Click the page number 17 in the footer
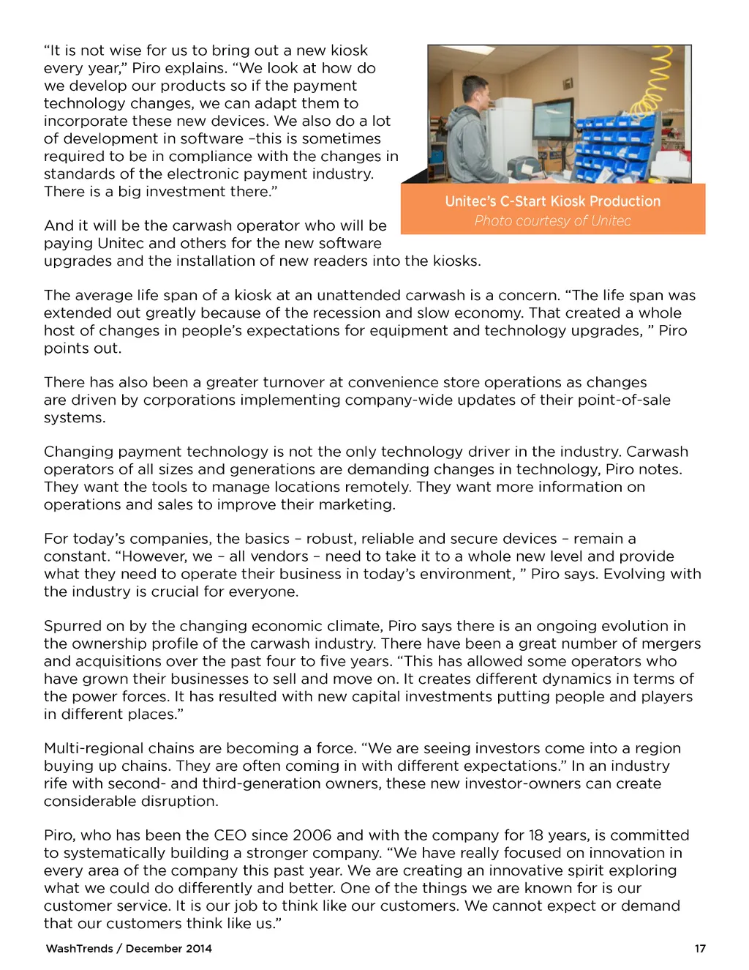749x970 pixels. (x=700, y=949)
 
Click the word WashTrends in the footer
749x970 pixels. (x=79, y=949)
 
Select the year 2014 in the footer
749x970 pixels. (x=198, y=949)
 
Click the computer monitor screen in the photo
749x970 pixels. (x=552, y=125)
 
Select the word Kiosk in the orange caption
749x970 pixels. (x=564, y=201)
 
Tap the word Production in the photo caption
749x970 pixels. (x=625, y=201)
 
